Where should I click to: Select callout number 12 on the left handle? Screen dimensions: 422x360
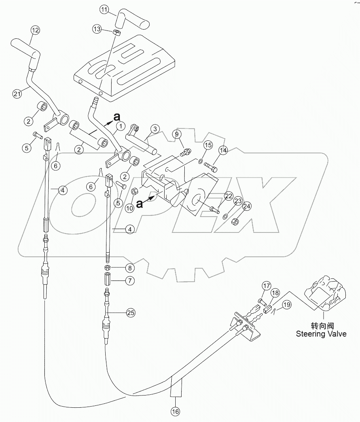(35, 30)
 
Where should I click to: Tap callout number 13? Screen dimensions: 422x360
(97, 28)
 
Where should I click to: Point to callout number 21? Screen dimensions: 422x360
(16, 94)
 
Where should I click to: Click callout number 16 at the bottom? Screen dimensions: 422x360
(175, 412)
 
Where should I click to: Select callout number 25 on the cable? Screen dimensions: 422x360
(131, 313)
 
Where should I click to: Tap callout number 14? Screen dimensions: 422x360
(224, 151)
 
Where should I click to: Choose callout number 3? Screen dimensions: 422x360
(155, 129)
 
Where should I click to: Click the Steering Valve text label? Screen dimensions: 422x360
(321, 330)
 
